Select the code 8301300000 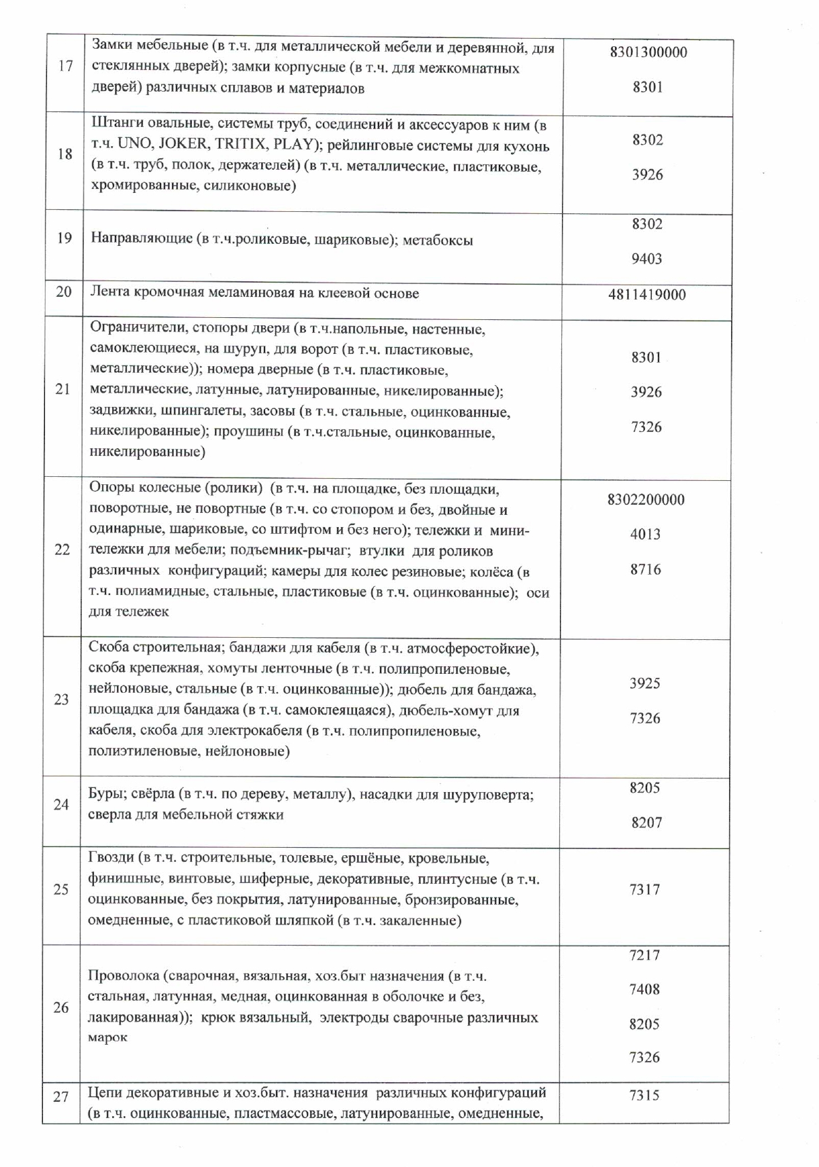pyautogui.click(x=648, y=52)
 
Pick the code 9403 pyautogui.click(x=646, y=259)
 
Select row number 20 pyautogui.click(x=64, y=293)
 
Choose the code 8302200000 pyautogui.click(x=646, y=500)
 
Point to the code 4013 pyautogui.click(x=645, y=534)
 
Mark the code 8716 pyautogui.click(x=645, y=569)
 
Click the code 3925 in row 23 pyautogui.click(x=644, y=683)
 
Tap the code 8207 pyautogui.click(x=646, y=823)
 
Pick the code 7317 pyautogui.click(x=644, y=889)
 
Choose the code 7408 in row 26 pyautogui.click(x=644, y=989)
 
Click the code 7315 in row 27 pyautogui.click(x=644, y=1095)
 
